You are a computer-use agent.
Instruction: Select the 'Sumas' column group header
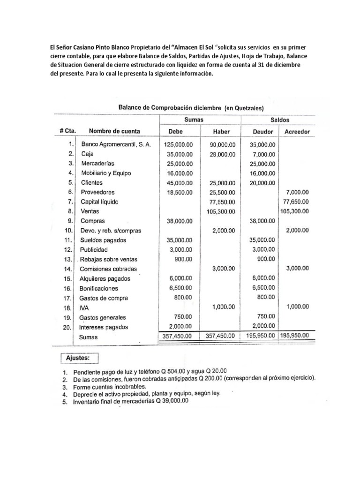[194, 120]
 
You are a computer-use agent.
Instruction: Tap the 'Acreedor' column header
[297, 132]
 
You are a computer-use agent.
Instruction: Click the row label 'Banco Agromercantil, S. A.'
[116, 144]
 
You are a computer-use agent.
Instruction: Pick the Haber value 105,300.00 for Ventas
[221, 211]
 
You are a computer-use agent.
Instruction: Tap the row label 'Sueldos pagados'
[103, 240]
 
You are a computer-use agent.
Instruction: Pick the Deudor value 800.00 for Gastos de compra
[265, 297]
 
